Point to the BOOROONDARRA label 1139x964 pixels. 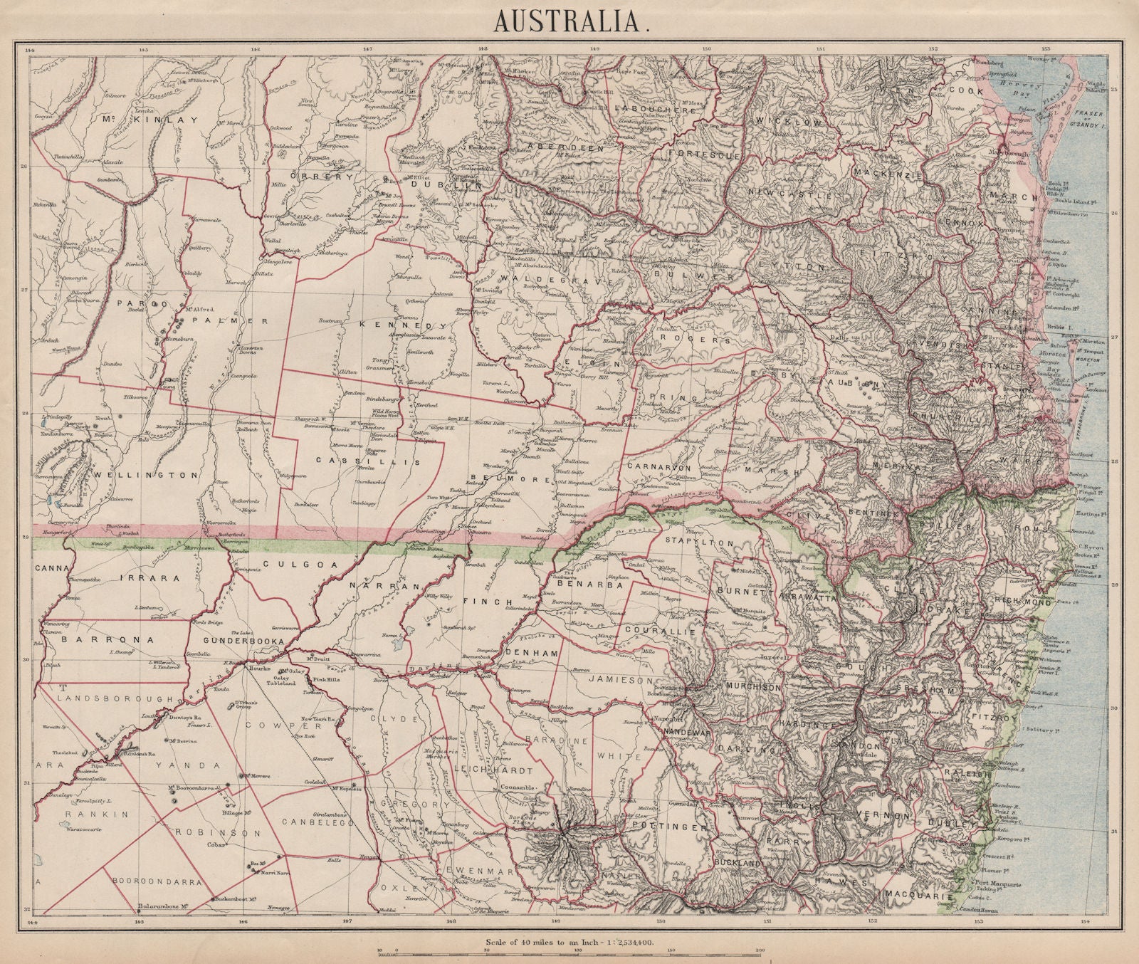click(154, 880)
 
